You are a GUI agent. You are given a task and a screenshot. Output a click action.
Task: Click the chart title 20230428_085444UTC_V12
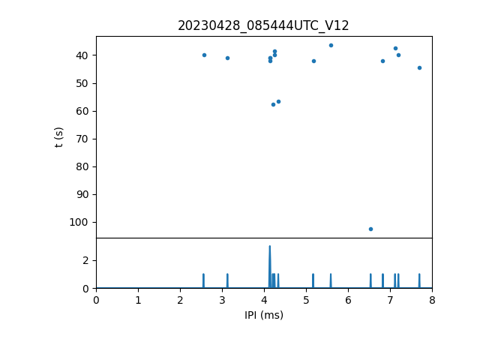tap(263, 25)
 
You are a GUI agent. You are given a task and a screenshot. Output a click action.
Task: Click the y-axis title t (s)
tap(59, 137)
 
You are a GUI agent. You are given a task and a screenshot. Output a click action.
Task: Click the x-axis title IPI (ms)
tap(263, 315)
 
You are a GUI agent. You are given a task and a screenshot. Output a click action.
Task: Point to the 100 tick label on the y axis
tap(79, 222)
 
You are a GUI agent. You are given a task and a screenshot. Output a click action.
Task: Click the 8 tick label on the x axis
tap(432, 300)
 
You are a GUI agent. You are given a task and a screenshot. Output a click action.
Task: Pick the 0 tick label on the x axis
tap(96, 300)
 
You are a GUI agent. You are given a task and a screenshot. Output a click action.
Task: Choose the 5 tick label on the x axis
tap(306, 300)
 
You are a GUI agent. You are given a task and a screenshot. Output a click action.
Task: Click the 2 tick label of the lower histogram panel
tap(86, 260)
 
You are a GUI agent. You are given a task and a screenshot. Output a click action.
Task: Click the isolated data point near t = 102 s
tap(370, 229)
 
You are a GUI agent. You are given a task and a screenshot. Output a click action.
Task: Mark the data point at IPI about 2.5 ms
tap(204, 55)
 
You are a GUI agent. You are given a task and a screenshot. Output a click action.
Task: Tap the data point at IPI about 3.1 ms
tap(227, 58)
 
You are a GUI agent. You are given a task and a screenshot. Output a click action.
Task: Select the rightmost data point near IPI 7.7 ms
tap(419, 67)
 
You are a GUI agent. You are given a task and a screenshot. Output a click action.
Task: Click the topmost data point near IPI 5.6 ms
tap(331, 45)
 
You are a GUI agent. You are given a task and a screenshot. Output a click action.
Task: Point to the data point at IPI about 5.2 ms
tap(313, 61)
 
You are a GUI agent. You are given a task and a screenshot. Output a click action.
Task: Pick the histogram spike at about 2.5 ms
tap(203, 280)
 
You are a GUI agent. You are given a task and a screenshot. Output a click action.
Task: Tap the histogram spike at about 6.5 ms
tap(370, 280)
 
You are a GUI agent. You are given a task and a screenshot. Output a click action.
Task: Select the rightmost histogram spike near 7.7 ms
tap(419, 280)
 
